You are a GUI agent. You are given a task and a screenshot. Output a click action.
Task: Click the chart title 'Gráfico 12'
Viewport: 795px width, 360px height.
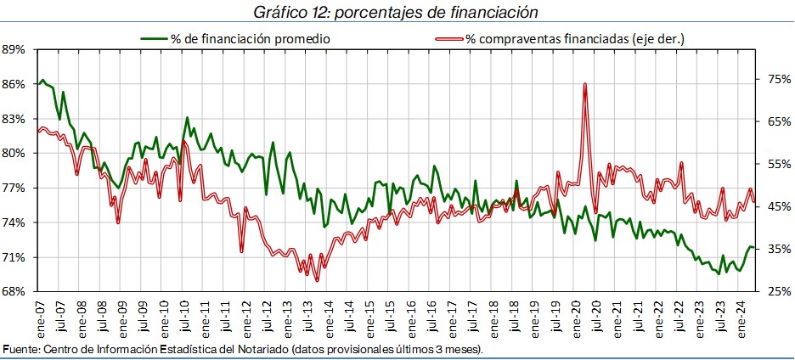click(396, 12)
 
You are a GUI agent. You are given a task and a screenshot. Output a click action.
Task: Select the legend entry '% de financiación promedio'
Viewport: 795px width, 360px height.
click(250, 39)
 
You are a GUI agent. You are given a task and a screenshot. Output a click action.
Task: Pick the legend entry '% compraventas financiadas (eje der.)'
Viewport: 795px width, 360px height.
click(575, 39)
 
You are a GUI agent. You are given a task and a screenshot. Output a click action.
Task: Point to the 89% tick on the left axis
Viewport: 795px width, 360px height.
click(15, 49)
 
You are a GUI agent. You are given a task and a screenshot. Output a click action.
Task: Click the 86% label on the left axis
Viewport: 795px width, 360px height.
click(15, 84)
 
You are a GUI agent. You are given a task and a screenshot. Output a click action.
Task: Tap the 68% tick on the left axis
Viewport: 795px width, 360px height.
click(15, 292)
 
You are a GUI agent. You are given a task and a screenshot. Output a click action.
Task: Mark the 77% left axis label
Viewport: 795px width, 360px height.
click(15, 188)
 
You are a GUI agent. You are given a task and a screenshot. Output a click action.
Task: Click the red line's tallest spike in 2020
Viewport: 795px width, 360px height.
click(585, 83)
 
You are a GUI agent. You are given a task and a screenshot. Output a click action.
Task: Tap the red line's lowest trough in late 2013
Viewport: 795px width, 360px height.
click(317, 280)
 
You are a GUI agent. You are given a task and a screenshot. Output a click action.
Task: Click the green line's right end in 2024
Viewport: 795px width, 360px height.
click(753, 247)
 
